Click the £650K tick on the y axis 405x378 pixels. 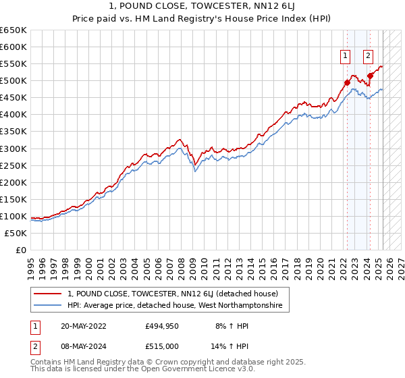[13, 30]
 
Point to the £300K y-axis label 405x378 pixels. [13, 148]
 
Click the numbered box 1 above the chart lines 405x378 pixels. [346, 57]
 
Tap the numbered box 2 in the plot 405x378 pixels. [369, 57]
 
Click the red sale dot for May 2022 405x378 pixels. [347, 82]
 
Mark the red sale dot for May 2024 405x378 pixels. [370, 76]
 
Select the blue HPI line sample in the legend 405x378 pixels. [48, 306]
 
